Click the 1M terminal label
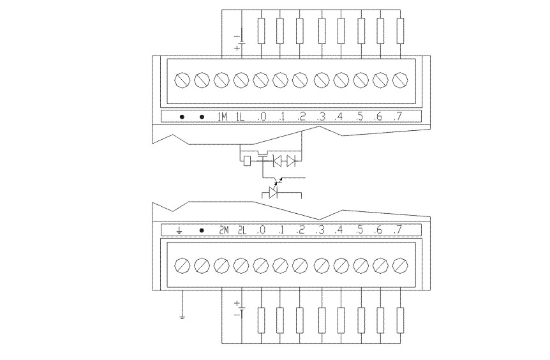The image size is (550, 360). click(x=222, y=117)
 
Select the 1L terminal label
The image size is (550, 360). click(x=241, y=117)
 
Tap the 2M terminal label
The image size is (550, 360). click(x=223, y=230)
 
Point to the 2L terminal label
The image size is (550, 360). click(x=242, y=230)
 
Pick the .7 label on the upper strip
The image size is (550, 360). click(x=399, y=117)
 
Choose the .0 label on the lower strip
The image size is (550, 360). click(x=261, y=230)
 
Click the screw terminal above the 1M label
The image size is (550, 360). click(x=221, y=80)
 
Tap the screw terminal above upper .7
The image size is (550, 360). click(x=400, y=80)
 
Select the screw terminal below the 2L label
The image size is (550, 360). click(x=241, y=265)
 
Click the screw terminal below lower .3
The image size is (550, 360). click(x=321, y=265)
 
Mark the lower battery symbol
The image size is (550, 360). click(x=240, y=309)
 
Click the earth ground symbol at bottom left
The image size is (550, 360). click(x=182, y=315)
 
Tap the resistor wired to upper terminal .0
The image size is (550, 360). click(x=260, y=31)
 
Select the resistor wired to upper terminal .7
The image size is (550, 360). click(x=401, y=31)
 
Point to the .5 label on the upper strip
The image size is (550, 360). click(x=360, y=117)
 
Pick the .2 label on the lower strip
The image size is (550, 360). click(x=301, y=230)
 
